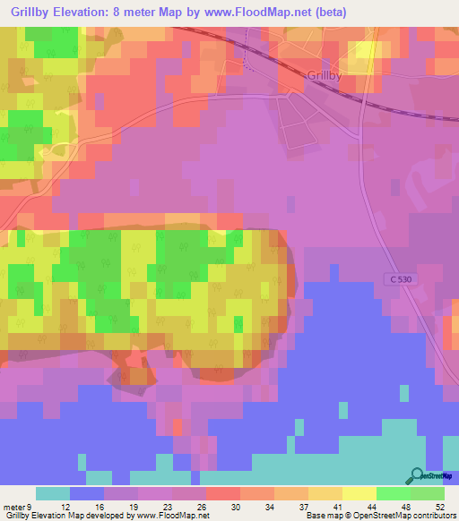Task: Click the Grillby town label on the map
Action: coord(324,77)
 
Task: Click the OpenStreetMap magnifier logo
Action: coord(417,476)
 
